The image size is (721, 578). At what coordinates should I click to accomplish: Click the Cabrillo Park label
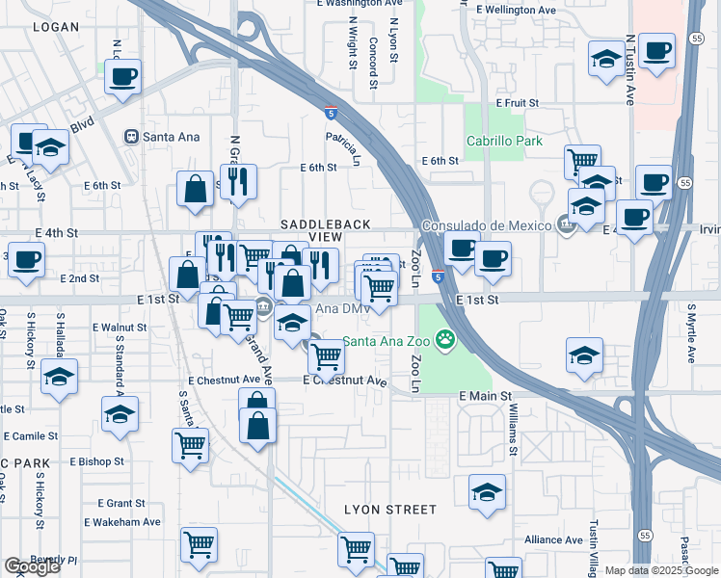point(503,141)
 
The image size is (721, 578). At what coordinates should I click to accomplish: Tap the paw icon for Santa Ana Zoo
point(444,338)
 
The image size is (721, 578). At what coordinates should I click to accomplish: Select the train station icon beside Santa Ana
point(130,137)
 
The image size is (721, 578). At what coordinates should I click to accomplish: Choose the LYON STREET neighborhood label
point(389,509)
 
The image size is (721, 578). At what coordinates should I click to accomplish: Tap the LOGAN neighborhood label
point(55,27)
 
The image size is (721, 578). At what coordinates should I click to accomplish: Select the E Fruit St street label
point(517,102)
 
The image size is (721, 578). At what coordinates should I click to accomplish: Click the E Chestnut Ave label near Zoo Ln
point(344,381)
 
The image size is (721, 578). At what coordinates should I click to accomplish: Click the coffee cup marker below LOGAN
point(122,77)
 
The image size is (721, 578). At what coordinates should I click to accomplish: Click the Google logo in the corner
point(32,566)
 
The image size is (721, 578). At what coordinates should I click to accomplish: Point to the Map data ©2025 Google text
point(660,570)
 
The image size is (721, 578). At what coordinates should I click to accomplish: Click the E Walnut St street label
point(120,328)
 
